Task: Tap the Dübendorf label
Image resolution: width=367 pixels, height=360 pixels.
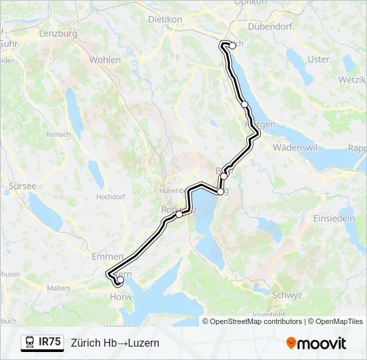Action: point(271,27)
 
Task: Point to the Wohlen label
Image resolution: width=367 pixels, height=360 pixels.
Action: point(105,60)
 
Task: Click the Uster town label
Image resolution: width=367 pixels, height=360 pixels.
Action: point(319,59)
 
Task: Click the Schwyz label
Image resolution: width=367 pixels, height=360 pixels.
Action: point(286,295)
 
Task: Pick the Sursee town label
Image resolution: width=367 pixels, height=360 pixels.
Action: point(23,186)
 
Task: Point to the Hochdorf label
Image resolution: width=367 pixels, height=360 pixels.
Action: point(111,197)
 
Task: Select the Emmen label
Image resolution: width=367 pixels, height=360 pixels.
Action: point(107,257)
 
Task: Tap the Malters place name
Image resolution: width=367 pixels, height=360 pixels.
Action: point(59,288)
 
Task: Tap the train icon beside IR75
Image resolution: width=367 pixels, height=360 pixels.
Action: point(30,342)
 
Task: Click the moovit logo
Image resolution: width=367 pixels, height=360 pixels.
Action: point(316,343)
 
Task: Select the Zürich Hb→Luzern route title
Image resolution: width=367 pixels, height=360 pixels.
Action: point(115,343)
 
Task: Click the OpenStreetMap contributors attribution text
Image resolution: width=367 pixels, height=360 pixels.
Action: point(256,321)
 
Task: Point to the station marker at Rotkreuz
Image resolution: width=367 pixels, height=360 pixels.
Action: point(179,215)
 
